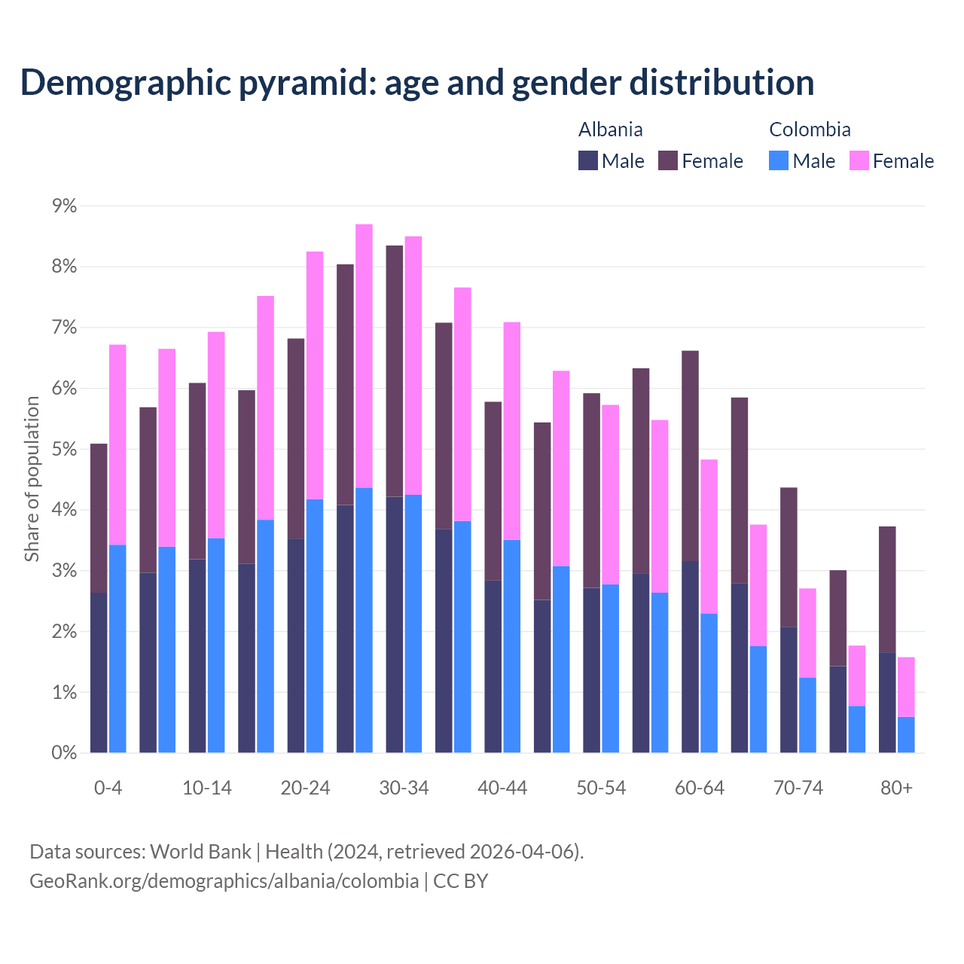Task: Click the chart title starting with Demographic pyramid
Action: tap(417, 83)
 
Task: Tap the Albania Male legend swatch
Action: tap(588, 160)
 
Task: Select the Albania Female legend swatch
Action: tap(668, 160)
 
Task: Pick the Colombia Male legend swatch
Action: tap(779, 160)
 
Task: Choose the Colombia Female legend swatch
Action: tap(859, 160)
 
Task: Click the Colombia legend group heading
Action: tap(810, 130)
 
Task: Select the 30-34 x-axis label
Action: tap(404, 789)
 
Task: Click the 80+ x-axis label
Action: tap(896, 789)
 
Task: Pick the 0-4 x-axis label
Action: tap(108, 789)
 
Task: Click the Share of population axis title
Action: tap(32, 479)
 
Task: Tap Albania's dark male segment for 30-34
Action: tap(395, 625)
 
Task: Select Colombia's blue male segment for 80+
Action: tap(906, 735)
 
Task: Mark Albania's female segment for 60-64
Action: tap(690, 456)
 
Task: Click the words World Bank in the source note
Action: tap(200, 852)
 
